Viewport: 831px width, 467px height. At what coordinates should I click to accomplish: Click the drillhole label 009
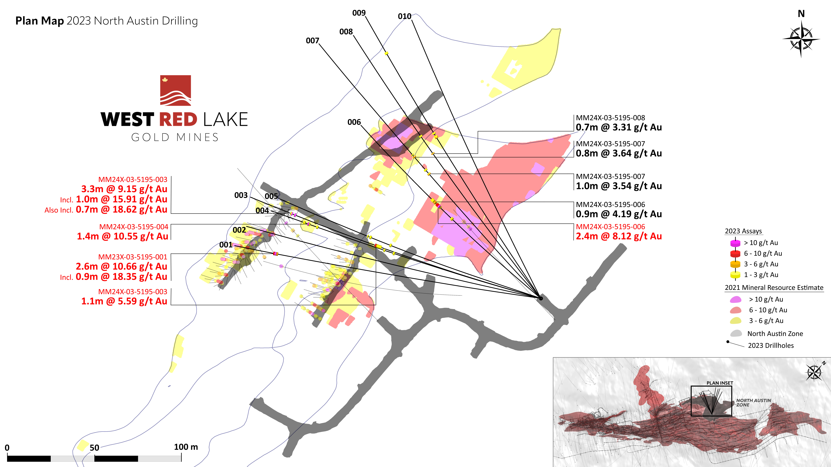tap(359, 13)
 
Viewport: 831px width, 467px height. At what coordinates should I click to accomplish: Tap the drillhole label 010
tap(405, 16)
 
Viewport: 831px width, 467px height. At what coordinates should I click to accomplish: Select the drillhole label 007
tap(312, 41)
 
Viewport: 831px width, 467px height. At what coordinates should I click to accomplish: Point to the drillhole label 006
tap(354, 122)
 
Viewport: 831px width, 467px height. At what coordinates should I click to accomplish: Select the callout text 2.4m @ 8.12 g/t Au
tap(619, 236)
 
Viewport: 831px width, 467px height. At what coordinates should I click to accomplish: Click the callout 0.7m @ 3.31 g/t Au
tap(619, 127)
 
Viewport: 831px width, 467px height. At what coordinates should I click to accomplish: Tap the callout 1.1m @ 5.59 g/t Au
tap(124, 301)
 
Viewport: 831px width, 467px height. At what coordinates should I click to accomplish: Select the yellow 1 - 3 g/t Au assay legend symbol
tap(735, 275)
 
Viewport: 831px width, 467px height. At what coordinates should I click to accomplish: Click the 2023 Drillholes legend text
tap(771, 345)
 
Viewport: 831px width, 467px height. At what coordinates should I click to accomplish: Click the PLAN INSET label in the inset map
tap(720, 383)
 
